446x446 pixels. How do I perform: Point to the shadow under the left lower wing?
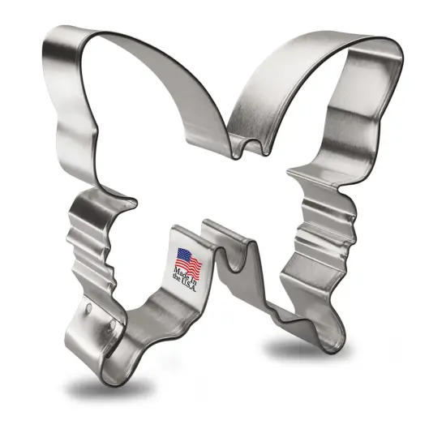tap(105, 386)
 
